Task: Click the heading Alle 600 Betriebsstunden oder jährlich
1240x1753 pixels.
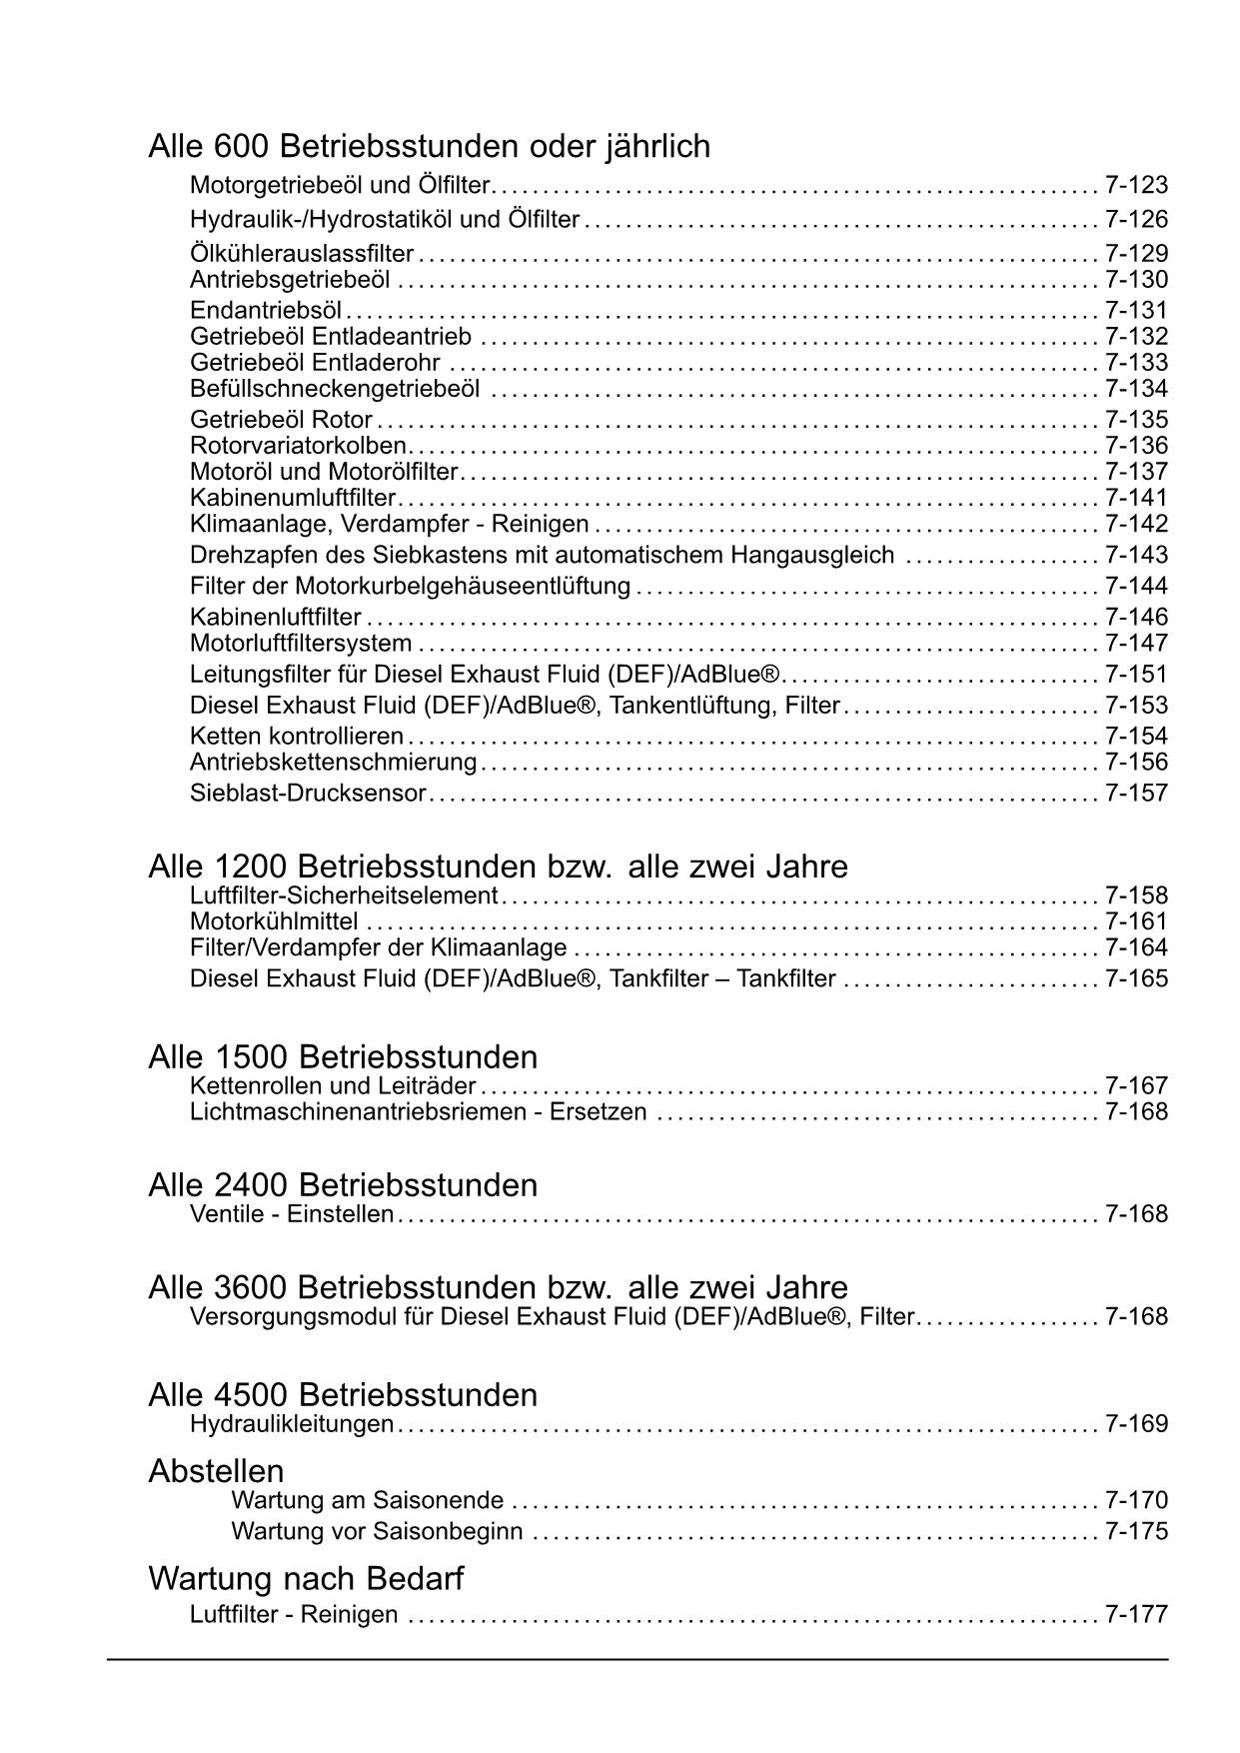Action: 429,147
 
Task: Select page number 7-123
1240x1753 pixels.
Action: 1136,185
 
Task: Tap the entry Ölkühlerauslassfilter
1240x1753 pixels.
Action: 301,254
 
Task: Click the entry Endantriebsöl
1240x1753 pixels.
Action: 265,311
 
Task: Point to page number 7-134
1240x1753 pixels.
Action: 1136,389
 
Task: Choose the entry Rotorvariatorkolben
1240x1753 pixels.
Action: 298,446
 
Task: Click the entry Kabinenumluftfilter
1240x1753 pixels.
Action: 293,498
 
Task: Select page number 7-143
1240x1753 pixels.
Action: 1136,555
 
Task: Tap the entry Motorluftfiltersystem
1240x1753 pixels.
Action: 301,643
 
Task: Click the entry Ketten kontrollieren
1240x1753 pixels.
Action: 297,737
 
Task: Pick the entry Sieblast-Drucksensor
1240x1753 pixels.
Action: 308,794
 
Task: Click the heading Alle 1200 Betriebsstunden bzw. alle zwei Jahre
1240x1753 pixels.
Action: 498,866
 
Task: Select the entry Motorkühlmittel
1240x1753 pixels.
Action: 274,921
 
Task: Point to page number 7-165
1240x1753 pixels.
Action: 1136,978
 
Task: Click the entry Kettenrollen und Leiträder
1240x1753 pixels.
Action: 333,1086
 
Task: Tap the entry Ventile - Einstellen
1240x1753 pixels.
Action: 292,1214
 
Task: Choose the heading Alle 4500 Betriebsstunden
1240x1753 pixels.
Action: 343,1395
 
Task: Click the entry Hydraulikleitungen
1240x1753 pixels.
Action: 292,1424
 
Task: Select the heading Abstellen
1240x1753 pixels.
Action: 216,1471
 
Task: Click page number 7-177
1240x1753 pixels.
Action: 1136,1614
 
